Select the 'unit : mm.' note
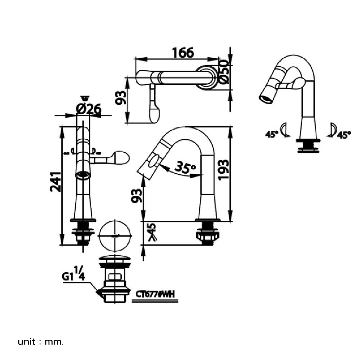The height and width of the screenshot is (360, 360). pyautogui.click(x=41, y=341)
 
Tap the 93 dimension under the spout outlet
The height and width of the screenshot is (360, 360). pyautogui.click(x=136, y=195)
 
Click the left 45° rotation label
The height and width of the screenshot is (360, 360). pyautogui.click(x=272, y=134)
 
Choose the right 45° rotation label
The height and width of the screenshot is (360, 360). pyautogui.click(x=344, y=135)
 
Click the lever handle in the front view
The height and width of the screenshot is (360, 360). pyautogui.click(x=114, y=157)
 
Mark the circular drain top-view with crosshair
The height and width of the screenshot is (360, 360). pyautogui.click(x=116, y=236)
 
